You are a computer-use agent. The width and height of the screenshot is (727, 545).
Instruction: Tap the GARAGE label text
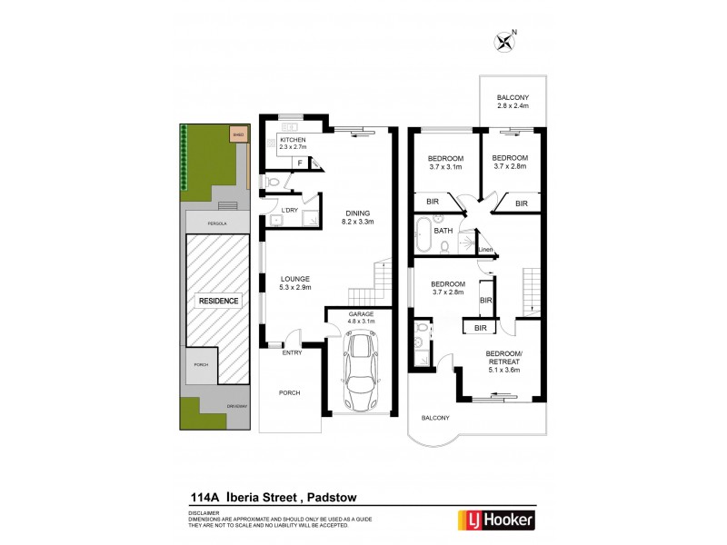pos(361,315)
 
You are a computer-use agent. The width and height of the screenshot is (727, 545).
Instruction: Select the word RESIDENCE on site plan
pos(217,301)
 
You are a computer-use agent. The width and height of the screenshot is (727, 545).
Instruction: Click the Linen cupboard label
pos(485,250)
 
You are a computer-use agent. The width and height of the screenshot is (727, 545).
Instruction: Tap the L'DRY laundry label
pos(290,210)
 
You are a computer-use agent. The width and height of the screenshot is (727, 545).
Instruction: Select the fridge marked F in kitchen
pos(299,162)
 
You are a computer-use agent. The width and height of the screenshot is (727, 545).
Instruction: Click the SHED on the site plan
pos(238,134)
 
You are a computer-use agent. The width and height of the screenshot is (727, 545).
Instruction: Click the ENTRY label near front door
pos(292,352)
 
